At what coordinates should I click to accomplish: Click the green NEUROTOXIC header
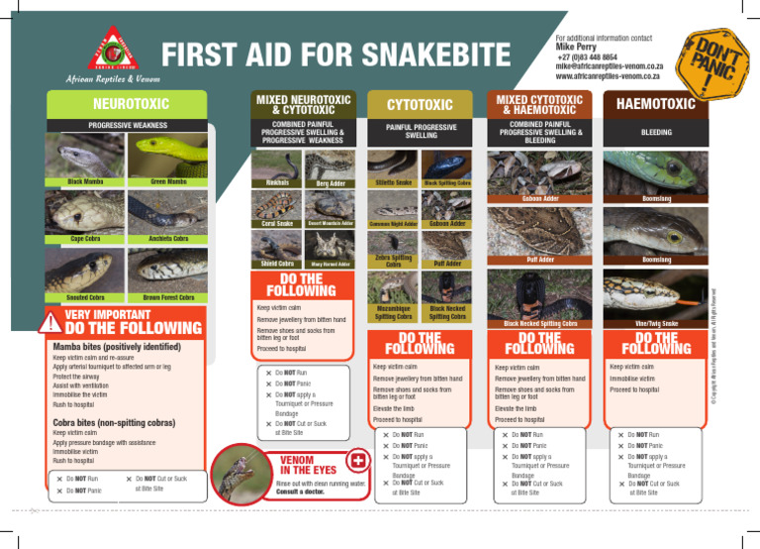131,103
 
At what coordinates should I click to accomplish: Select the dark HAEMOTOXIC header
657,103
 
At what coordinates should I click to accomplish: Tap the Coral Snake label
277,224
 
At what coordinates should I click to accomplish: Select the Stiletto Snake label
394,183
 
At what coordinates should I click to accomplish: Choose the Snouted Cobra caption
88,298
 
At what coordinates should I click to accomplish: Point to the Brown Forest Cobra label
169,298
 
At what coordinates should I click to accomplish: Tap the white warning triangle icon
46,323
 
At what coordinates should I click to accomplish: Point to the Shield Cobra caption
277,264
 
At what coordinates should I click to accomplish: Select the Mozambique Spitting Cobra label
394,311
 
